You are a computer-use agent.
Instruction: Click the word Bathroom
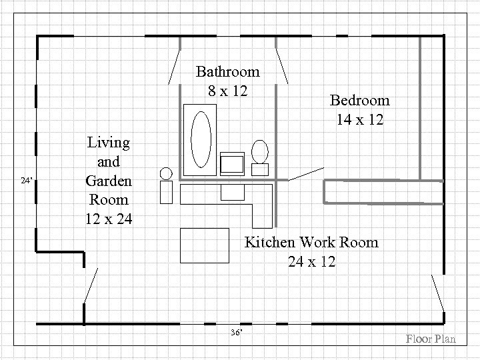(x=227, y=71)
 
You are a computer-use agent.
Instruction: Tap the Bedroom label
(x=359, y=101)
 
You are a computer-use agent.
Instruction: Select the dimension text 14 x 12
(x=359, y=120)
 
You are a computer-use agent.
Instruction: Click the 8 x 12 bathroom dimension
(x=227, y=90)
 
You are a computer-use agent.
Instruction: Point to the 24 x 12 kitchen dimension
(x=311, y=261)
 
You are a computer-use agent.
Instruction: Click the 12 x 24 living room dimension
(x=108, y=219)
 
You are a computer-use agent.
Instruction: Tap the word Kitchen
(x=271, y=242)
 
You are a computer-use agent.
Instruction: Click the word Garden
(x=108, y=181)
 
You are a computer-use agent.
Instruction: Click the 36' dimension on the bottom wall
(x=235, y=332)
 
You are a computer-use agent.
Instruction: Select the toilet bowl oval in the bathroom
(x=259, y=150)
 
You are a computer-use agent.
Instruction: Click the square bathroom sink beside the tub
(x=233, y=163)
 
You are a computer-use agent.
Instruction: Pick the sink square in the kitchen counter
(x=233, y=192)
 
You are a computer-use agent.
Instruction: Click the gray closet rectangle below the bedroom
(x=382, y=191)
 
